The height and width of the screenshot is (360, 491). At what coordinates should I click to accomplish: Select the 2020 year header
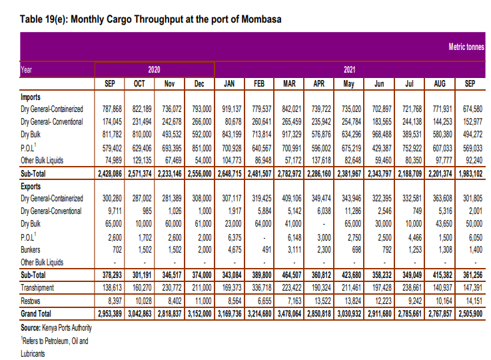click(x=155, y=69)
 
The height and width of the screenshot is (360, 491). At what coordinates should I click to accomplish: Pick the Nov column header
click(x=169, y=83)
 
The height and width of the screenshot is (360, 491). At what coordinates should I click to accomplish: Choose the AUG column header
click(x=440, y=83)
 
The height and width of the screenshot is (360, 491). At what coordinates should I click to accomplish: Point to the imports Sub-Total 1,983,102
click(x=470, y=173)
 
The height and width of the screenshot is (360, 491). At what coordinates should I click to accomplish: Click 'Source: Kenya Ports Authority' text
click(x=57, y=328)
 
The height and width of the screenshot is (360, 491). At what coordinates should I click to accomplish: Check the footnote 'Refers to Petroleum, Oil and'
click(x=54, y=341)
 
